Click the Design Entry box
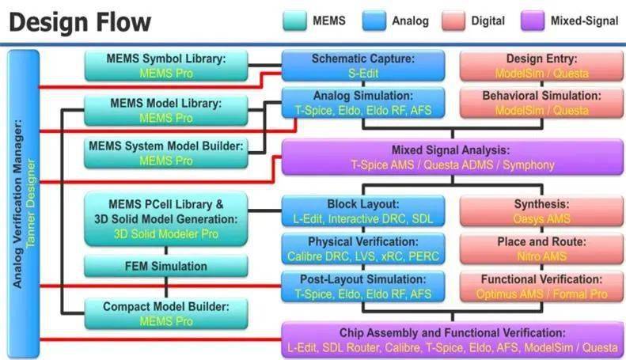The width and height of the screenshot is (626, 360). click(x=542, y=66)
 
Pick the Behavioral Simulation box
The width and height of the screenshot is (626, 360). click(x=542, y=103)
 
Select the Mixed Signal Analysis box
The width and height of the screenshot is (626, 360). click(x=452, y=157)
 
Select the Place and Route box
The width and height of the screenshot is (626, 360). click(x=542, y=248)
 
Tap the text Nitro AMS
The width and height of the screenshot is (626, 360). click(x=542, y=256)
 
